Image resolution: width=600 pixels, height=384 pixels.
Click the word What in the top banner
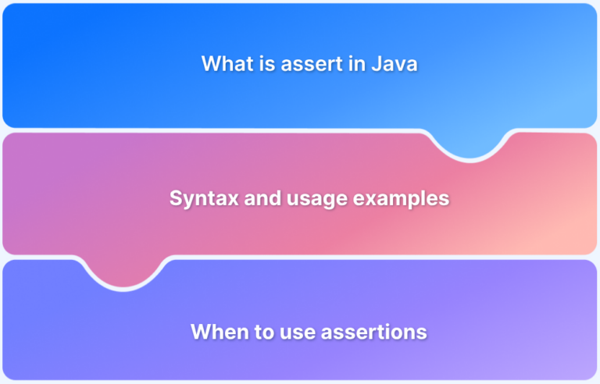pyautogui.click(x=223, y=64)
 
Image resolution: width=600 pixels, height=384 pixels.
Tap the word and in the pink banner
pyautogui.click(x=251, y=198)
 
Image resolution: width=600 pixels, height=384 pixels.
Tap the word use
pyautogui.click(x=294, y=332)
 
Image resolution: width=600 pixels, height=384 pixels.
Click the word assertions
pyautogui.click(x=372, y=332)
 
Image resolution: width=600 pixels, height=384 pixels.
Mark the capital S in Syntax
pyautogui.click(x=176, y=198)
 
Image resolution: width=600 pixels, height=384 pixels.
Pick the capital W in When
pyautogui.click(x=199, y=332)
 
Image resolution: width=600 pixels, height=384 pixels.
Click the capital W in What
pyautogui.click(x=210, y=64)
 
